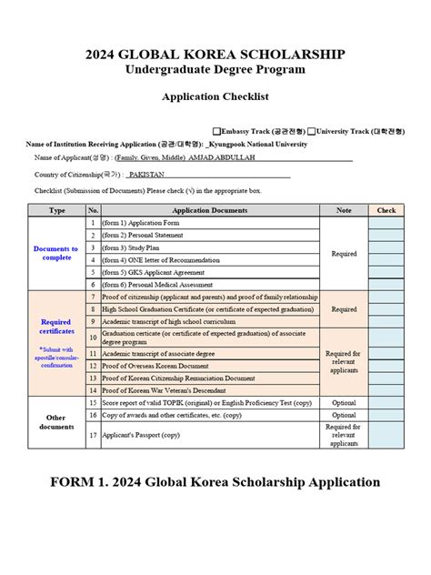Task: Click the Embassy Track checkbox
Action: point(215,131)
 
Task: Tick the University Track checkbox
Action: point(311,131)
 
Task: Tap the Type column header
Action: point(56,210)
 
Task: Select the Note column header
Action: point(344,210)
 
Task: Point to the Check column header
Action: point(386,210)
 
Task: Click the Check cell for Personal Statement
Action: point(386,235)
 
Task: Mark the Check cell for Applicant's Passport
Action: point(386,435)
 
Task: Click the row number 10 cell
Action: point(93,337)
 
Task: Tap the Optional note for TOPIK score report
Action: point(344,401)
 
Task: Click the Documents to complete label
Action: point(56,253)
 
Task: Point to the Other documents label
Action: point(56,422)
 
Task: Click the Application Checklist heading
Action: point(215,96)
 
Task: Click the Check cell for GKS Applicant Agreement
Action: point(386,272)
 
